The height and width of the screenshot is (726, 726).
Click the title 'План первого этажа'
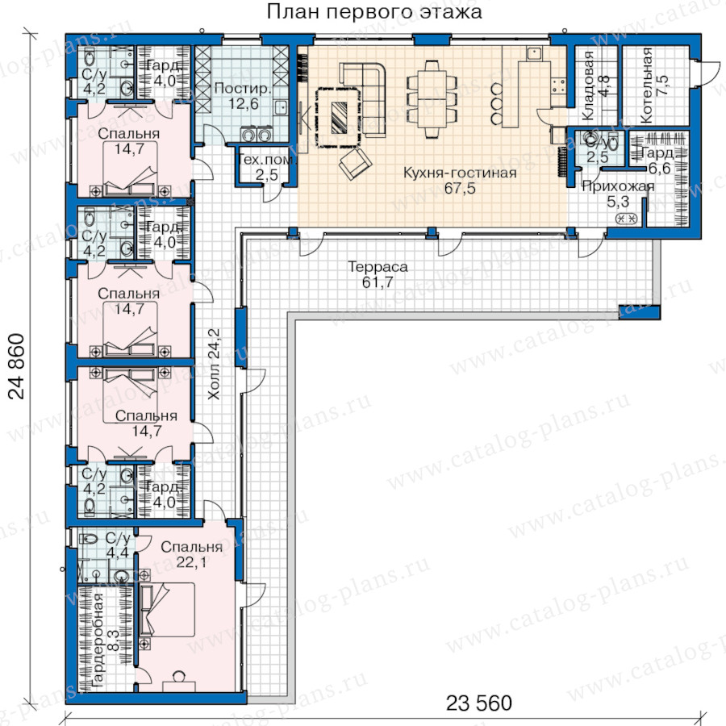pyautogui.click(x=374, y=12)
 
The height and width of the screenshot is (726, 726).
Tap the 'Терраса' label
pyautogui.click(x=378, y=267)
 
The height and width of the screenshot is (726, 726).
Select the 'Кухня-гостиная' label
pyautogui.click(x=460, y=173)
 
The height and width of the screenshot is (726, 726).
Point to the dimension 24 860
pyautogui.click(x=17, y=365)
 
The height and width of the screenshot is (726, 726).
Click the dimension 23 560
pyautogui.click(x=479, y=703)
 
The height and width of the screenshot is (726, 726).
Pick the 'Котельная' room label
pyautogui.click(x=646, y=86)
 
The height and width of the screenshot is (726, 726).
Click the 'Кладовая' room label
pyautogui.click(x=588, y=86)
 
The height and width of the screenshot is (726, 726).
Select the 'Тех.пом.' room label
pyautogui.click(x=266, y=161)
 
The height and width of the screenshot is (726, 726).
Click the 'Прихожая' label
pyautogui.click(x=618, y=186)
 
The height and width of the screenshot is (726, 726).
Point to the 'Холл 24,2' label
pyautogui.click(x=214, y=364)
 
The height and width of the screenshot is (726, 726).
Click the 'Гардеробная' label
pyautogui.click(x=98, y=640)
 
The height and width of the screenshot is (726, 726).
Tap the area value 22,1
pyautogui.click(x=191, y=562)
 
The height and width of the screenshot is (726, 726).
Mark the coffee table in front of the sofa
pyautogui.click(x=339, y=117)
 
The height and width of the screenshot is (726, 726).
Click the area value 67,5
pyautogui.click(x=460, y=188)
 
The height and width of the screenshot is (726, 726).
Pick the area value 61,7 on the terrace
pyautogui.click(x=378, y=282)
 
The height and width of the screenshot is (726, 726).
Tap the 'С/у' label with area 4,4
pyautogui.click(x=118, y=538)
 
